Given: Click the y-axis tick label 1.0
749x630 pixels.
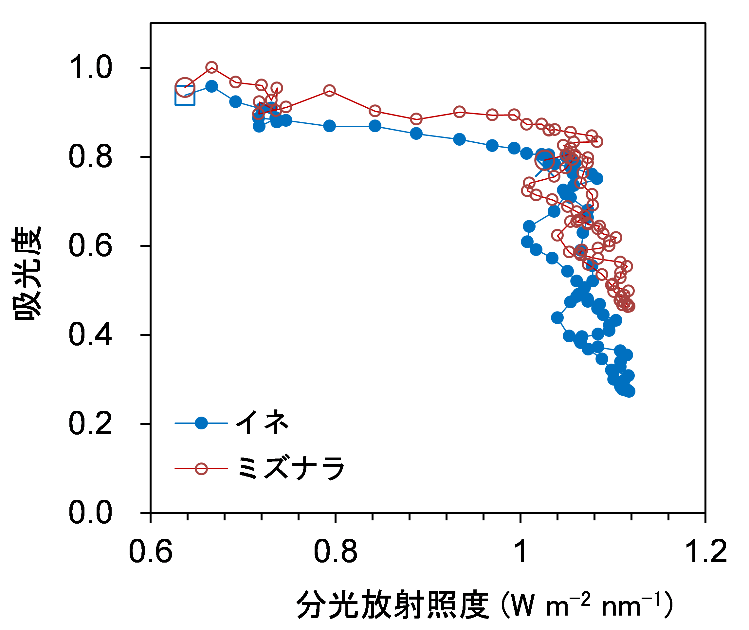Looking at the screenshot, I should (x=90, y=67).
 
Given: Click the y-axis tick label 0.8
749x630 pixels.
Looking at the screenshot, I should (x=90, y=157).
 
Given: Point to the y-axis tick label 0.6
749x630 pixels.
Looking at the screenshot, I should (x=90, y=246).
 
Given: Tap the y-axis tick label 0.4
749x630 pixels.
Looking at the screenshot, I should (x=90, y=335).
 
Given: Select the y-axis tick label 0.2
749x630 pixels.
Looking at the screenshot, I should (x=90, y=423).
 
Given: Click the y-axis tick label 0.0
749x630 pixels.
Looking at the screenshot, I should (x=90, y=513).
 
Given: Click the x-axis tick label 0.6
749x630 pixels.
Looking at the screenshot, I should (x=150, y=552).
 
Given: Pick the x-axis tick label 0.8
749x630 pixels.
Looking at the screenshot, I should (x=336, y=552).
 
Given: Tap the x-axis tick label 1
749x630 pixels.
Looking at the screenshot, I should (x=521, y=552).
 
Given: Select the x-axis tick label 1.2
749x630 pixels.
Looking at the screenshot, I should (x=706, y=552).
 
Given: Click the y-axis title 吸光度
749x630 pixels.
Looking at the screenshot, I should (x=27, y=273).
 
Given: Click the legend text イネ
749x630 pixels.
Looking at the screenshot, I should (x=262, y=423).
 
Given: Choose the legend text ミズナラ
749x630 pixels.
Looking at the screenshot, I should (x=291, y=468).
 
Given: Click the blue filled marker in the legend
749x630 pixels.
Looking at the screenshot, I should (x=201, y=423).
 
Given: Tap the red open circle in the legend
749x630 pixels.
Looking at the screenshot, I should (x=201, y=469).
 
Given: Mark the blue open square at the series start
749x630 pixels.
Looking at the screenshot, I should (x=185, y=96).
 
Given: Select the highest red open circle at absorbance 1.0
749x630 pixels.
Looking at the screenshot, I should (x=211, y=67).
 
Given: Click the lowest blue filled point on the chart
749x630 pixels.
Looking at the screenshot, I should (x=629, y=391).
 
